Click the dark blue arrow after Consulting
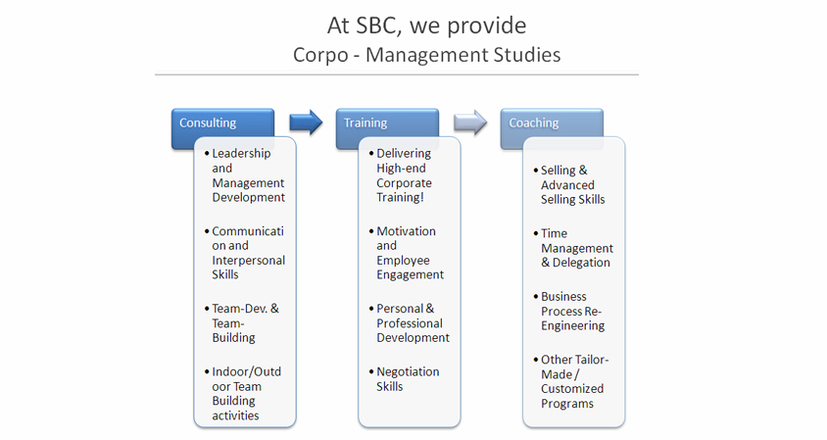click(306, 122)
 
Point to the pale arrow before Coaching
click(470, 122)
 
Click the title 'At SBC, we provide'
click(426, 25)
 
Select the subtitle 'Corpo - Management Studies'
click(426, 55)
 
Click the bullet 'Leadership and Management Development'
click(245, 175)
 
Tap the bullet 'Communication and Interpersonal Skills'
click(245, 253)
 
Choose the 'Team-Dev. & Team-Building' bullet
click(242, 322)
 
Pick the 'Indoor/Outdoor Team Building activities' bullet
click(243, 394)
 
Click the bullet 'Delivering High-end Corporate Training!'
click(401, 175)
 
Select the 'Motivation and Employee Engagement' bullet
click(407, 253)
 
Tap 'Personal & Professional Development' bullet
click(410, 322)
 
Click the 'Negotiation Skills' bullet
click(405, 379)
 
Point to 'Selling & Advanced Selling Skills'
click(569, 184)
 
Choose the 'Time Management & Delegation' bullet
click(573, 248)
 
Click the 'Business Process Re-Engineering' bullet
click(569, 312)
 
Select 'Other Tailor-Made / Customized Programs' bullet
click(571, 381)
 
